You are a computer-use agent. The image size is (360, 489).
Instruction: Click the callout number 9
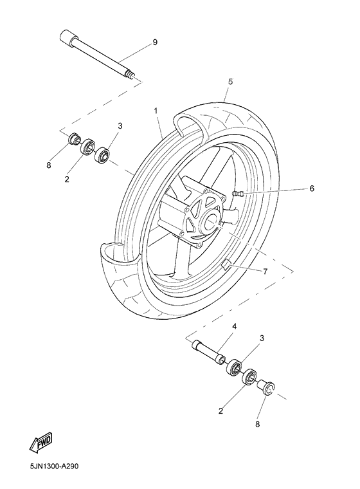155,42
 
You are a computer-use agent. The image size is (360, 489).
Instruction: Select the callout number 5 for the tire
230,82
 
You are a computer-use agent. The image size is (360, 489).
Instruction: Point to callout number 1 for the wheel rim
156,111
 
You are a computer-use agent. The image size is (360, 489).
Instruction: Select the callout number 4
234,327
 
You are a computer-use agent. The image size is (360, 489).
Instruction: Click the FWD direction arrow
40,443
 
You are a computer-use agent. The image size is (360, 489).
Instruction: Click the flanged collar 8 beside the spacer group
265,389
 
